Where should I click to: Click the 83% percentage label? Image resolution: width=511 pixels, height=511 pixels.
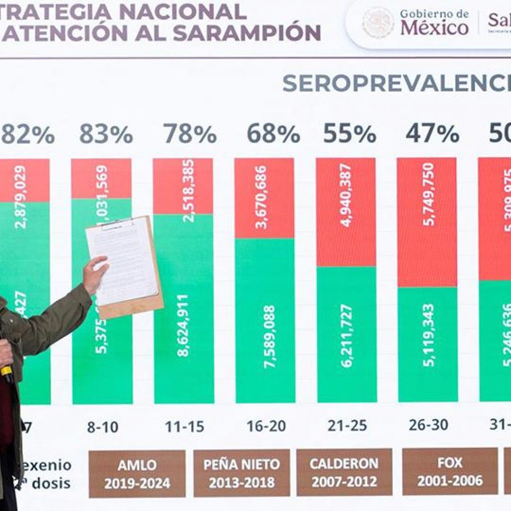106,134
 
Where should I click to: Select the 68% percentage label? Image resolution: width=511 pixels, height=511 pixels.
273,134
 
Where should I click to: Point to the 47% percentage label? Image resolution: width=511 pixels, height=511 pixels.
432,134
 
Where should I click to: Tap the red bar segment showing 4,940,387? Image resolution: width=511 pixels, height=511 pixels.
346,212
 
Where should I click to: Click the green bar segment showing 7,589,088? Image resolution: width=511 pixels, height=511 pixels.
264,320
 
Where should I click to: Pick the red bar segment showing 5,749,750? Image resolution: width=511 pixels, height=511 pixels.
427,222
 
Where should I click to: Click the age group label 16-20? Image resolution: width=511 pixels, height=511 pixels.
266,426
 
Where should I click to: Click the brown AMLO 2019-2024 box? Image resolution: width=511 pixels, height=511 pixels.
137,474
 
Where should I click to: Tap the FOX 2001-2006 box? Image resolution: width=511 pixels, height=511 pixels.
450,471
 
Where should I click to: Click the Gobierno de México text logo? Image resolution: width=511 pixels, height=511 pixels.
434,22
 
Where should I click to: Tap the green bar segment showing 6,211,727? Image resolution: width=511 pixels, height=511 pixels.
346,334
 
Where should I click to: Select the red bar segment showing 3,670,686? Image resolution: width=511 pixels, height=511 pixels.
264,198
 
